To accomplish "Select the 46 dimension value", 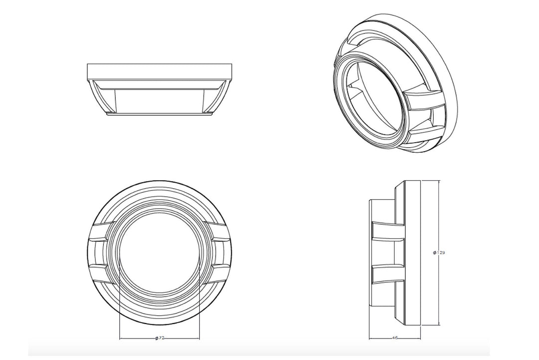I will tap(395, 338).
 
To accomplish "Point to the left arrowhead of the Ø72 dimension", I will tap(122, 338).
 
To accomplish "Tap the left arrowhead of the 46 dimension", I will tap(371, 338).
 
